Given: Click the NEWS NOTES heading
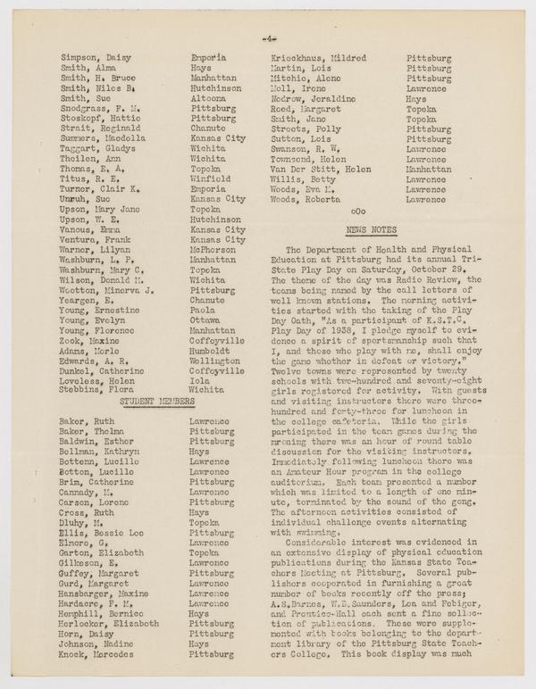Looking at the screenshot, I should tap(369, 230).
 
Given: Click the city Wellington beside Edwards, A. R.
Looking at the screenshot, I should tap(217, 361).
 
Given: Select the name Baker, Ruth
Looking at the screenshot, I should tap(88, 421).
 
